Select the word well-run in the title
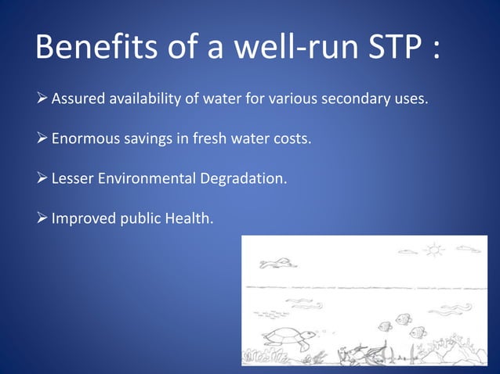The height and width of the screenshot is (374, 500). [x=270, y=49]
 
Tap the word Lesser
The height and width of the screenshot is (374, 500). [x=71, y=179]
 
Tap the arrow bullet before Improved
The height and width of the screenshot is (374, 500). [x=42, y=218]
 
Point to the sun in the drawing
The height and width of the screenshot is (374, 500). [x=433, y=250]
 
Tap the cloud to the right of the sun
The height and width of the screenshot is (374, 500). [x=468, y=250]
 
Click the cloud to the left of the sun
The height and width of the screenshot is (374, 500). [x=408, y=252]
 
